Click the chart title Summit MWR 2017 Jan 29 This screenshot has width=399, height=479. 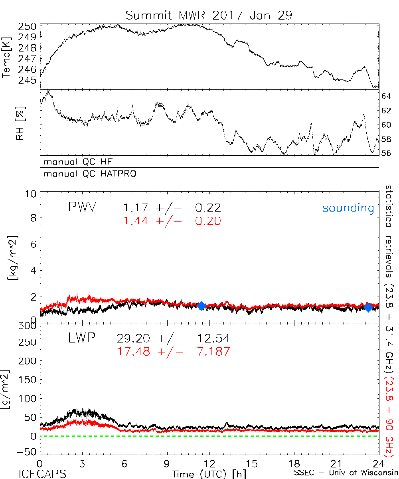point(209,15)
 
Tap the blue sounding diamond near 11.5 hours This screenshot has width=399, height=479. point(201,306)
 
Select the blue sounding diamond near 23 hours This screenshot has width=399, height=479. point(368,307)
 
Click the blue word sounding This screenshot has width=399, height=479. point(348,208)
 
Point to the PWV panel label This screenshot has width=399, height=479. point(82,208)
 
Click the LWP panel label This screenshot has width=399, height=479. point(81,338)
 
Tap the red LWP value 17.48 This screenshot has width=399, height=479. point(133,352)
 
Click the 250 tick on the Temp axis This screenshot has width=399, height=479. point(28,26)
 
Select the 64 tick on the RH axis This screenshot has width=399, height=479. point(386,96)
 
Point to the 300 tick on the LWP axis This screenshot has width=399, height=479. point(28,326)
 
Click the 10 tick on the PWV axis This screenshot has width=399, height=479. point(32,194)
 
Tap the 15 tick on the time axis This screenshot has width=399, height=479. point(252,464)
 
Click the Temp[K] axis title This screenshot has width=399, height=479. point(7,57)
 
